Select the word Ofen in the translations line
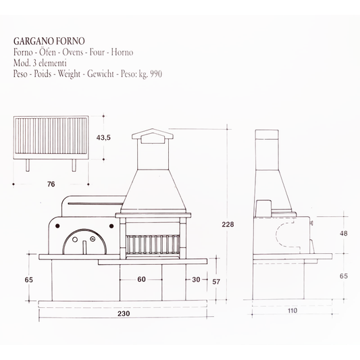tap(49, 53)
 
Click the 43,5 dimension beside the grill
tap(103, 138)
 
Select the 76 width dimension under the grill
tap(51, 183)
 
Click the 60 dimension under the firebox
tap(141, 279)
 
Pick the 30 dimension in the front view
tap(195, 279)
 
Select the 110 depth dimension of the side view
tap(292, 312)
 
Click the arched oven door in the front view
tap(83, 242)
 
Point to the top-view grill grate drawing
tap(51, 138)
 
